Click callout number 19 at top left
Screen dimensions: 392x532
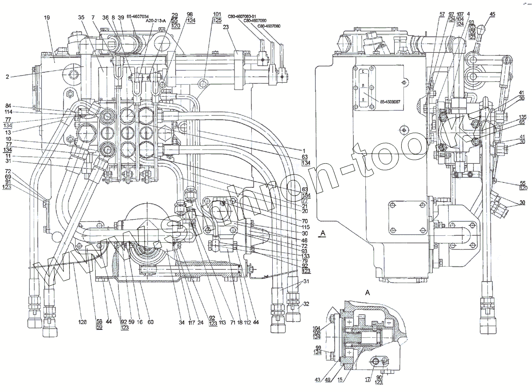tap(47, 17)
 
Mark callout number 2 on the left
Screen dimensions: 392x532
tap(8, 77)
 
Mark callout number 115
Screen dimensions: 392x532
tap(293, 227)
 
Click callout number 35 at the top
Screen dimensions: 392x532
tap(81, 17)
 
